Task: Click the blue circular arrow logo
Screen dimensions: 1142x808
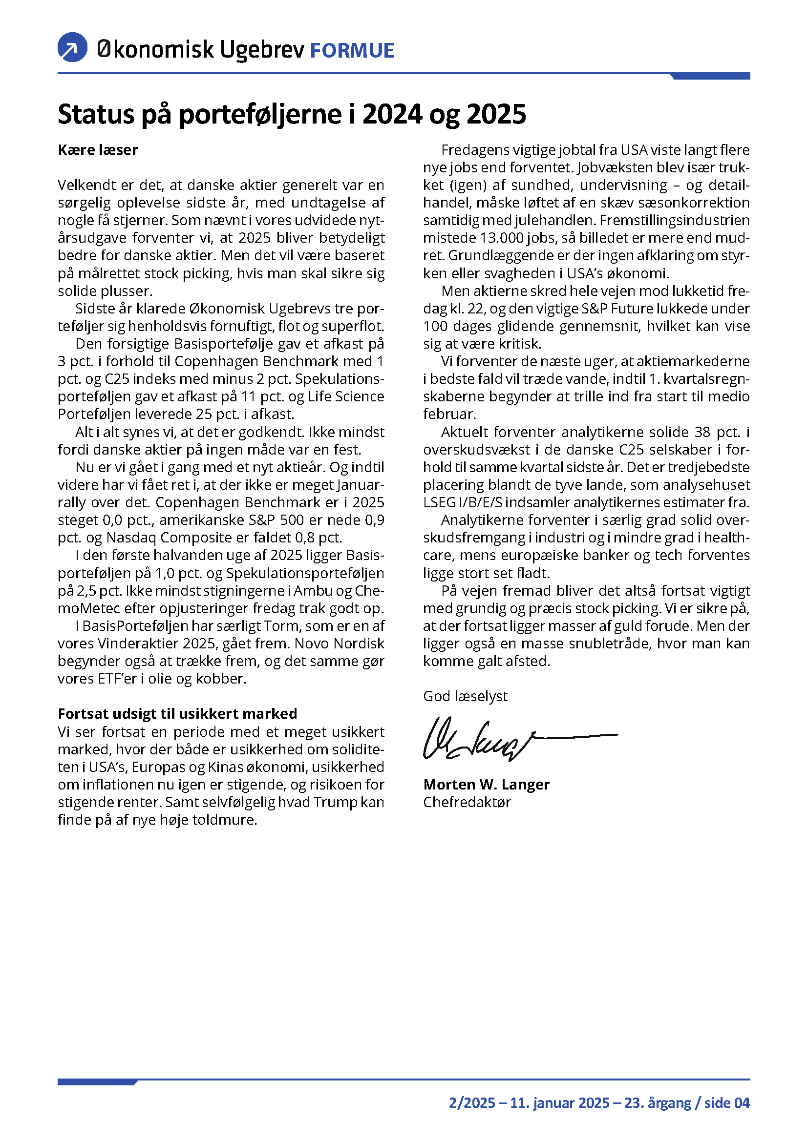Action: tap(73, 48)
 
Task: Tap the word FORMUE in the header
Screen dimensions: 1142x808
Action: tap(352, 51)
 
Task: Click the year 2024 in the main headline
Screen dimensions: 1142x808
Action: tap(392, 114)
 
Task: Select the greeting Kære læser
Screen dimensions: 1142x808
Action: tap(98, 150)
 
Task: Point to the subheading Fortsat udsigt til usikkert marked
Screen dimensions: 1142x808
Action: tap(178, 714)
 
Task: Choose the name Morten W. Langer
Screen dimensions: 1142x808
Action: tap(486, 785)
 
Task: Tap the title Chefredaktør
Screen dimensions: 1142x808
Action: tap(467, 802)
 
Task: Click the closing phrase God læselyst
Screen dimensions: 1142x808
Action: tap(465, 696)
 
